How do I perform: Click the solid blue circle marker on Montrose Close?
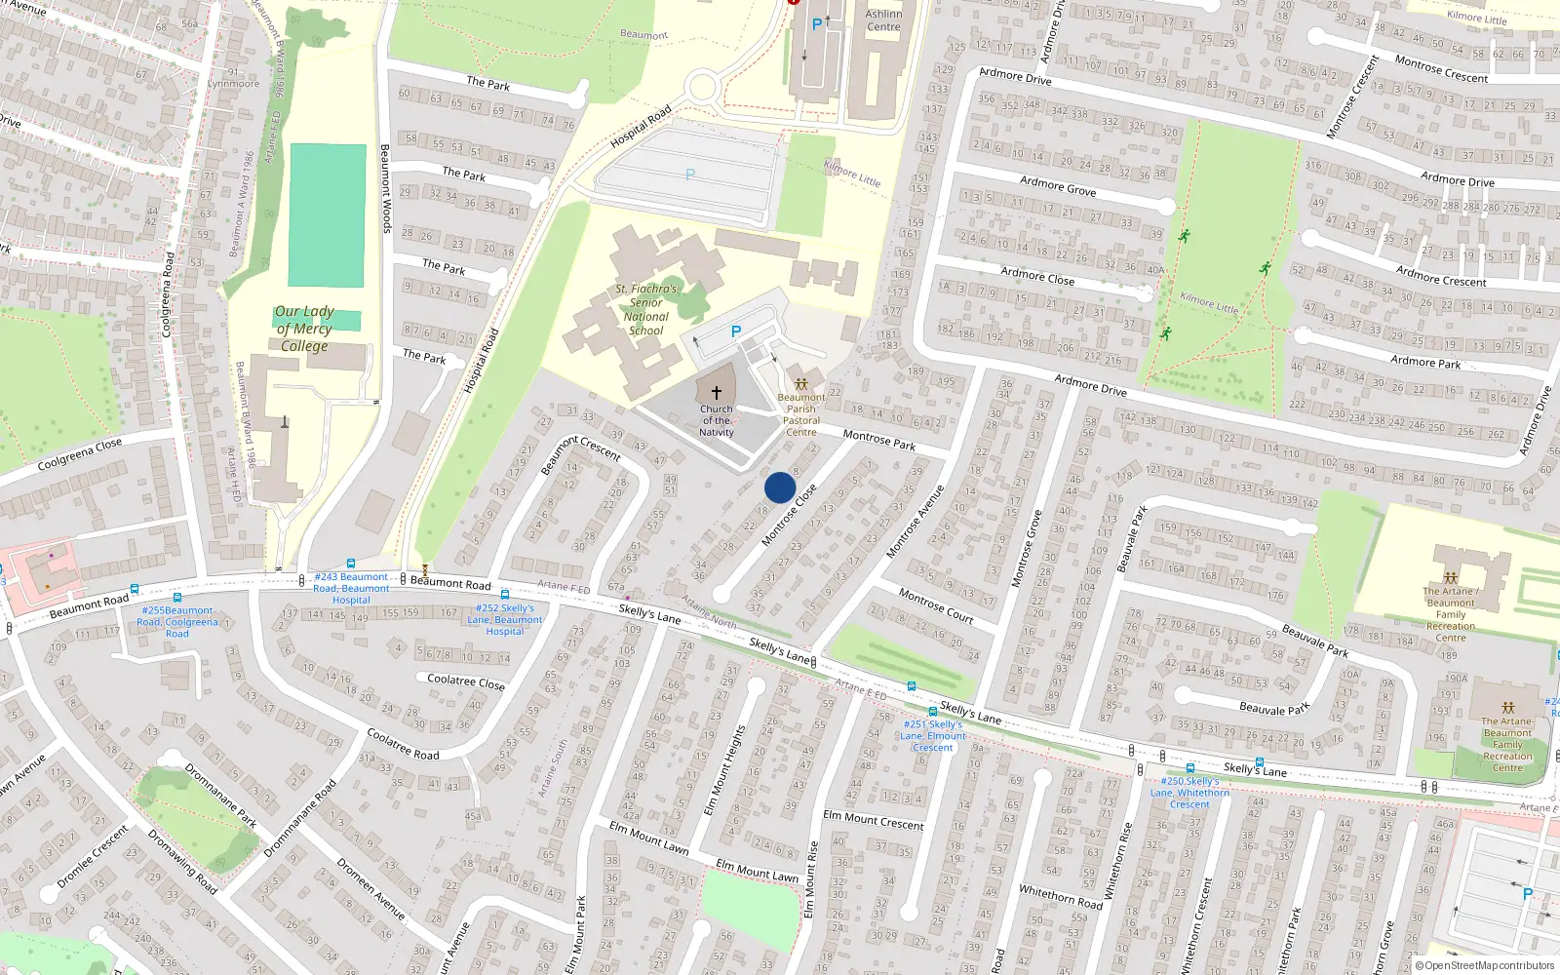pyautogui.click(x=780, y=487)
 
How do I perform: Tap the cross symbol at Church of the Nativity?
pyautogui.click(x=716, y=392)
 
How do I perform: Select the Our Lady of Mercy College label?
pyautogui.click(x=304, y=329)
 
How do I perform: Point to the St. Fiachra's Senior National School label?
pyautogui.click(x=645, y=310)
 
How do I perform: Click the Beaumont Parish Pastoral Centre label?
pyautogui.click(x=801, y=414)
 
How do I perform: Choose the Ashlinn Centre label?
pyautogui.click(x=883, y=20)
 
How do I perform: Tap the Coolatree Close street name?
pyautogui.click(x=466, y=682)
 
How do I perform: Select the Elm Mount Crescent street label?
pyautogui.click(x=874, y=820)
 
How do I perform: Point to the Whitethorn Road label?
pyautogui.click(x=1061, y=896)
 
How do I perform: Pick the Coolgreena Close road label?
pyautogui.click(x=80, y=454)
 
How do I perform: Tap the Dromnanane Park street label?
pyautogui.click(x=221, y=796)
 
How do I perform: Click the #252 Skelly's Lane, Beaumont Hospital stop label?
pyautogui.click(x=505, y=619)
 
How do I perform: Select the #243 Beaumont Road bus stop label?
pyautogui.click(x=351, y=588)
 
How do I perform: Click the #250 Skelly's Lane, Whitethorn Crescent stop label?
pyautogui.click(x=1189, y=793)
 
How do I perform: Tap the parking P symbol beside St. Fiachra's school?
pyautogui.click(x=736, y=332)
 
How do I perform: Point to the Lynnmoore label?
pyautogui.click(x=234, y=84)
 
